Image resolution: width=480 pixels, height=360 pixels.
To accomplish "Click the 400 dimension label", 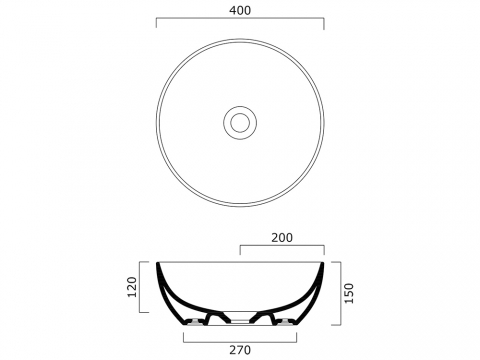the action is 240,10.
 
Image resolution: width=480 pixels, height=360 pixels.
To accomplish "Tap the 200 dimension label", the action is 282,238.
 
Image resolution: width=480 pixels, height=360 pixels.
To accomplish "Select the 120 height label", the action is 132,287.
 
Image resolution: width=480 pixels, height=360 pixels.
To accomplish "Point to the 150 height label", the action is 349,293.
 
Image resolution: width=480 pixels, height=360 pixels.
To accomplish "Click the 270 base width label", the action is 240,350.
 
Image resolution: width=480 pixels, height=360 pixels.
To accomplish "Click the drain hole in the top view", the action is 240,122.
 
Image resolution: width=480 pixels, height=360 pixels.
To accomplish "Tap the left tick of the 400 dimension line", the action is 156,23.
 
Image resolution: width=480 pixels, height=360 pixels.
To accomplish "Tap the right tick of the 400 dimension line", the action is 324,23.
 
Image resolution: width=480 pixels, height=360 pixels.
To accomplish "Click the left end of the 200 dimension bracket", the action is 240,251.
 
